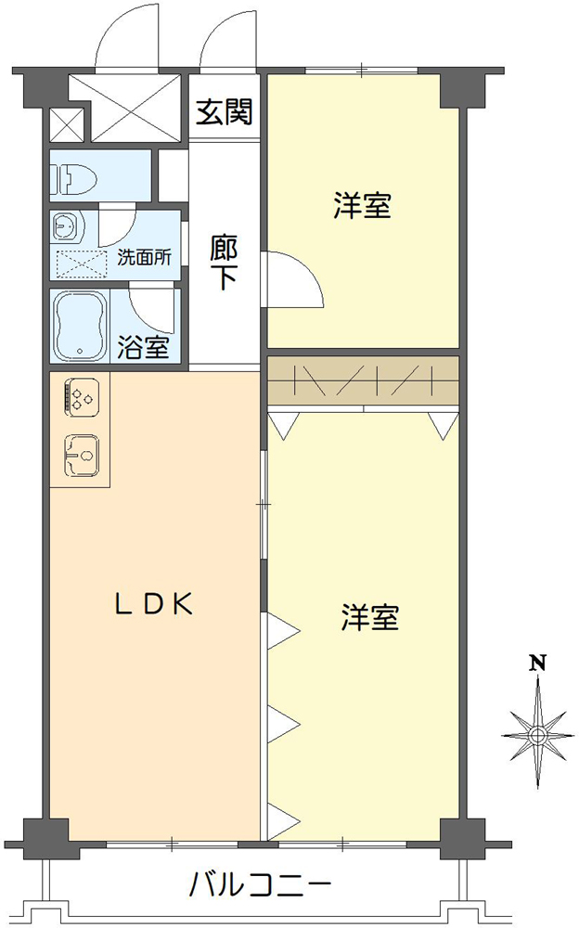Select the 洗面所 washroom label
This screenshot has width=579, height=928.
(x=144, y=258)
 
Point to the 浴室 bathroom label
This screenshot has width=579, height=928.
(x=144, y=350)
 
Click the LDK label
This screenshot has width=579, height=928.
(x=153, y=604)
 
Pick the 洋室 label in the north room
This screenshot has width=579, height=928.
(x=362, y=206)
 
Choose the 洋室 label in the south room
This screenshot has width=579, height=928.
(x=369, y=617)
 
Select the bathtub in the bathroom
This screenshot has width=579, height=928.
(x=81, y=326)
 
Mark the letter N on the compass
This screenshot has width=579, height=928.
(x=536, y=663)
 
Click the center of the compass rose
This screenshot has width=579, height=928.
(x=536, y=734)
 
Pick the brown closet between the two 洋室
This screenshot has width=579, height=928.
(x=363, y=380)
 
